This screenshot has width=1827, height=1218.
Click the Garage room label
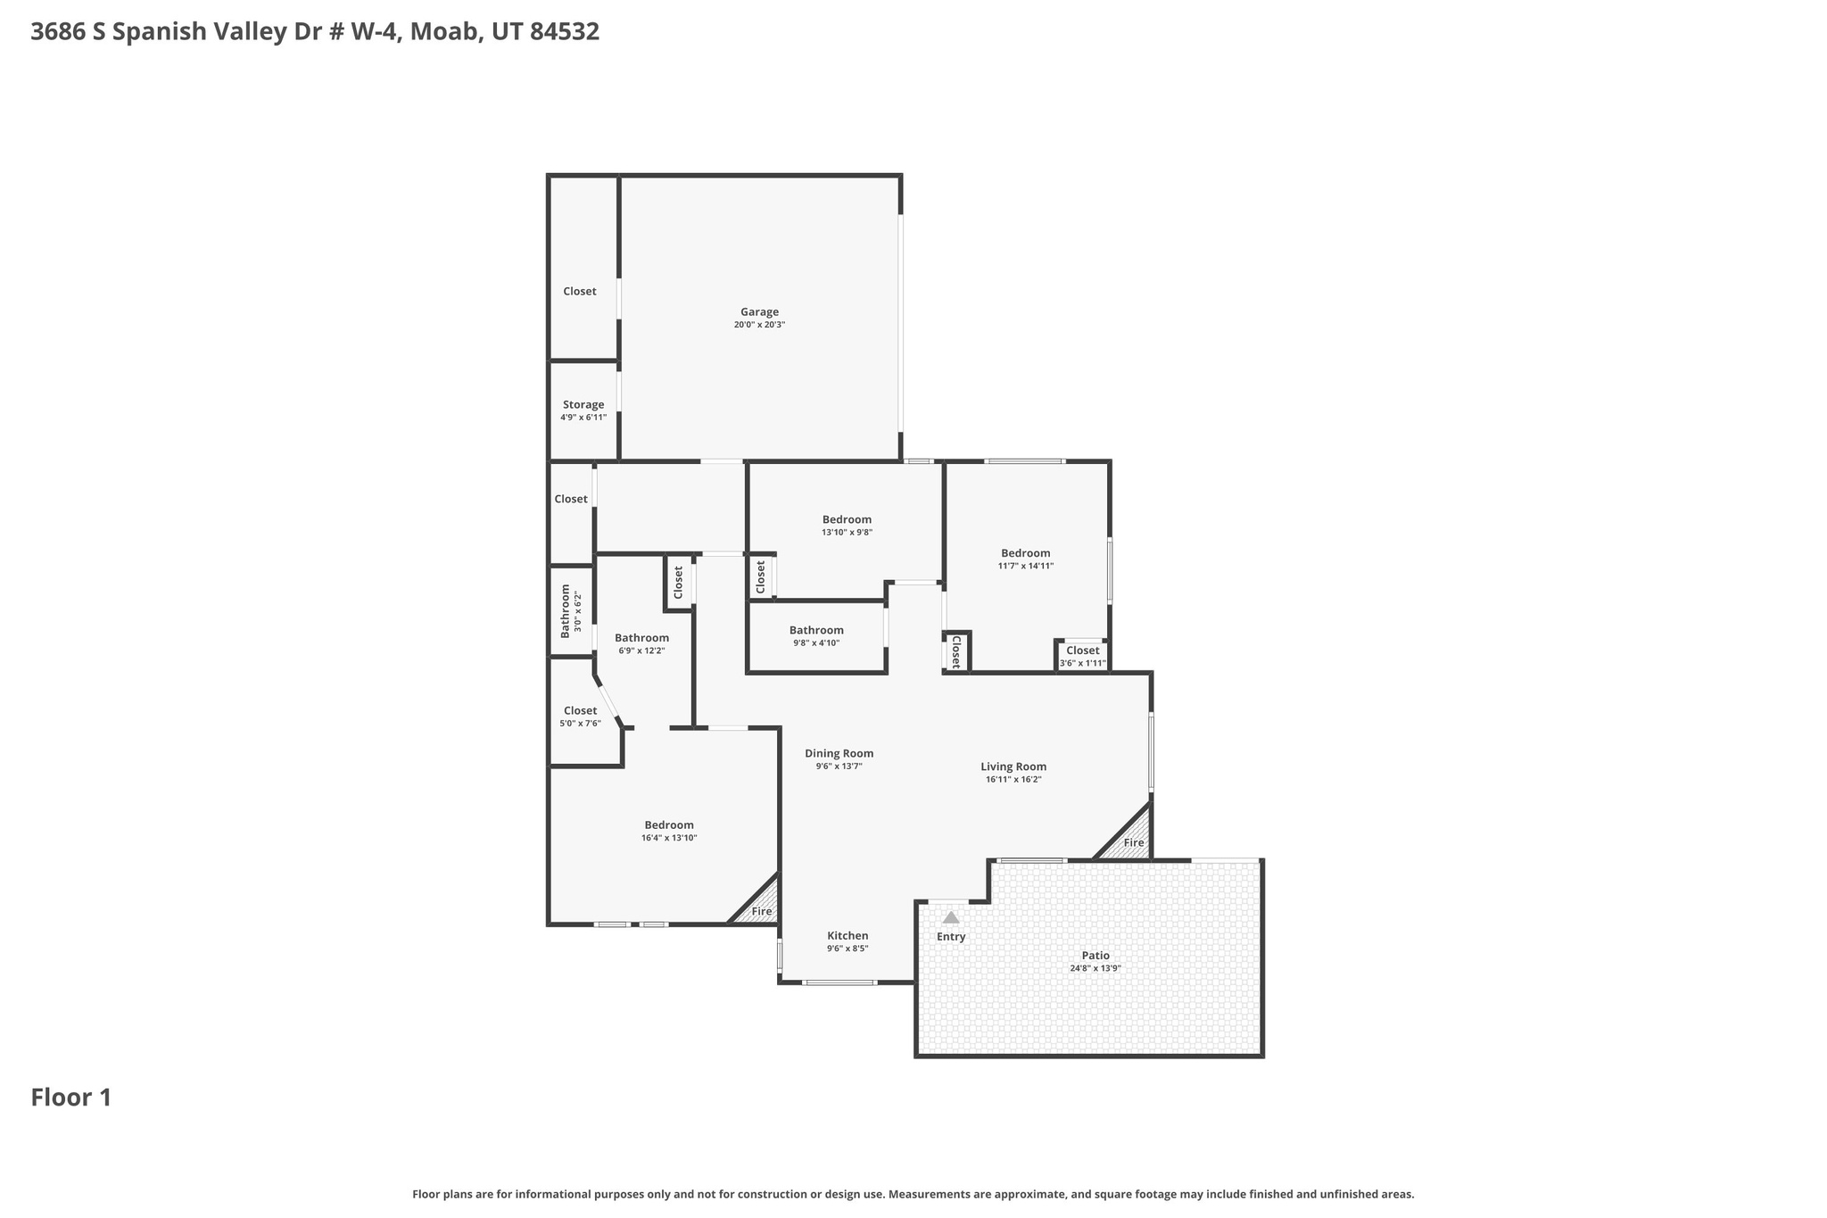coord(759,312)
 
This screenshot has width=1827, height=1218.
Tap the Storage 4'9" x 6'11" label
coord(583,410)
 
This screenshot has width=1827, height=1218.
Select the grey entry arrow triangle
coord(951,917)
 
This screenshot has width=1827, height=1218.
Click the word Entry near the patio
coord(951,937)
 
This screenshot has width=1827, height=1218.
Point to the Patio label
coord(1095,956)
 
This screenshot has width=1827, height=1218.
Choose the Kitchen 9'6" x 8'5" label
coord(847,941)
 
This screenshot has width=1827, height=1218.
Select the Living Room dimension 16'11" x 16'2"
coord(1013,780)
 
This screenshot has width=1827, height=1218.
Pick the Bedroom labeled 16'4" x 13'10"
coord(669,831)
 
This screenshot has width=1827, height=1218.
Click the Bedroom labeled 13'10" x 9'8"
coord(847,526)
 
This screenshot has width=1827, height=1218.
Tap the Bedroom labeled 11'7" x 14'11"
coord(1025,559)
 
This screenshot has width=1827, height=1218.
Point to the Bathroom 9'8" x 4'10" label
coord(816,636)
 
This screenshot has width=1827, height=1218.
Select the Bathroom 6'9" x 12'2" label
coord(641,643)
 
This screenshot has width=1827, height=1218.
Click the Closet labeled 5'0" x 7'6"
coord(580,717)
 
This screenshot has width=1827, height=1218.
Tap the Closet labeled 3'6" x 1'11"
coord(1082,657)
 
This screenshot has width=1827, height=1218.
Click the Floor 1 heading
coord(71,1098)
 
